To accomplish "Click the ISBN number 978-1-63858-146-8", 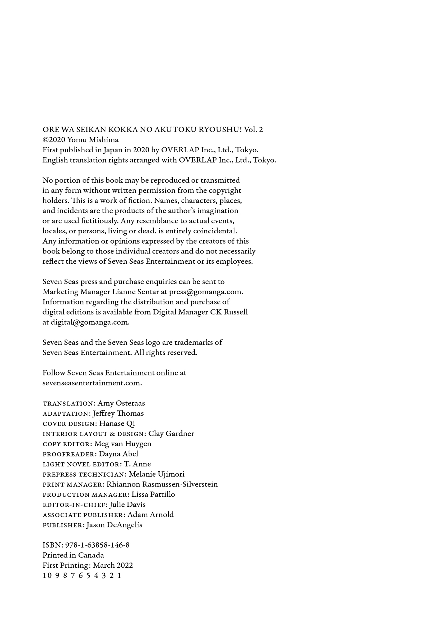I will (x=97, y=545).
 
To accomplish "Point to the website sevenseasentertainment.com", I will (x=92, y=383).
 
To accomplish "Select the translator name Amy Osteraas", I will (x=121, y=403).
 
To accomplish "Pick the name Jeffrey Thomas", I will (x=118, y=413).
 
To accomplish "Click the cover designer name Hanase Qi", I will (x=117, y=424).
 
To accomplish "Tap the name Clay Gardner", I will (x=171, y=434).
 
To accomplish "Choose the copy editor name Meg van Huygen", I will (x=123, y=444).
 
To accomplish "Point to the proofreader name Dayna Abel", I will (x=118, y=454).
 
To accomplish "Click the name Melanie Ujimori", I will (x=157, y=474).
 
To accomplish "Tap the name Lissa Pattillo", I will (x=153, y=495).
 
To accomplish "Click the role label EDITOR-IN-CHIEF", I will (x=74, y=505).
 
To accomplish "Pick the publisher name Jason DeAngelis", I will (x=114, y=525).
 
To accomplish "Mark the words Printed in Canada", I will (x=73, y=555).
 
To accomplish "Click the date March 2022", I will (x=113, y=565).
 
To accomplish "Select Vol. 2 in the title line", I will (x=253, y=130).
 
